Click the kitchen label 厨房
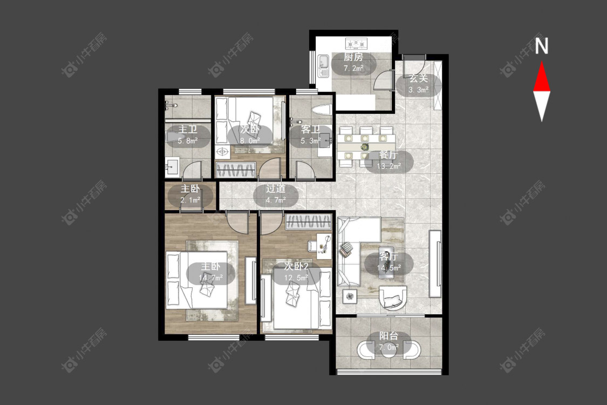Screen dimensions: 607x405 coord(353,57)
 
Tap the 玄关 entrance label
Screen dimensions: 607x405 coord(419,78)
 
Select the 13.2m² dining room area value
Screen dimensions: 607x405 coord(388,166)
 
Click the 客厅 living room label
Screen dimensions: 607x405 coord(388,256)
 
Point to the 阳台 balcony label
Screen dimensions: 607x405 coord(388,336)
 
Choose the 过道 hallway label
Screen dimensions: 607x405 coord(276,189)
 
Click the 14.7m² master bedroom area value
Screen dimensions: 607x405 coord(210,278)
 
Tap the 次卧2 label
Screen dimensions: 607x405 coord(296,266)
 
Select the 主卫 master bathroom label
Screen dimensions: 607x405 coord(188,129)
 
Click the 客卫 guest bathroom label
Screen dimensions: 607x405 coord(310,130)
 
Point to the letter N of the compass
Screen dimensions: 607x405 coord(542,45)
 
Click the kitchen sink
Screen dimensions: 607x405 coord(323,66)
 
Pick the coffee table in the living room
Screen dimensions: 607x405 coord(386,262)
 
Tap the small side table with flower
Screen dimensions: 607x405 coord(350,296)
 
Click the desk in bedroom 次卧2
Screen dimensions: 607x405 coord(324,246)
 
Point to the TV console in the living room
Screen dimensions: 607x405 coord(435,264)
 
